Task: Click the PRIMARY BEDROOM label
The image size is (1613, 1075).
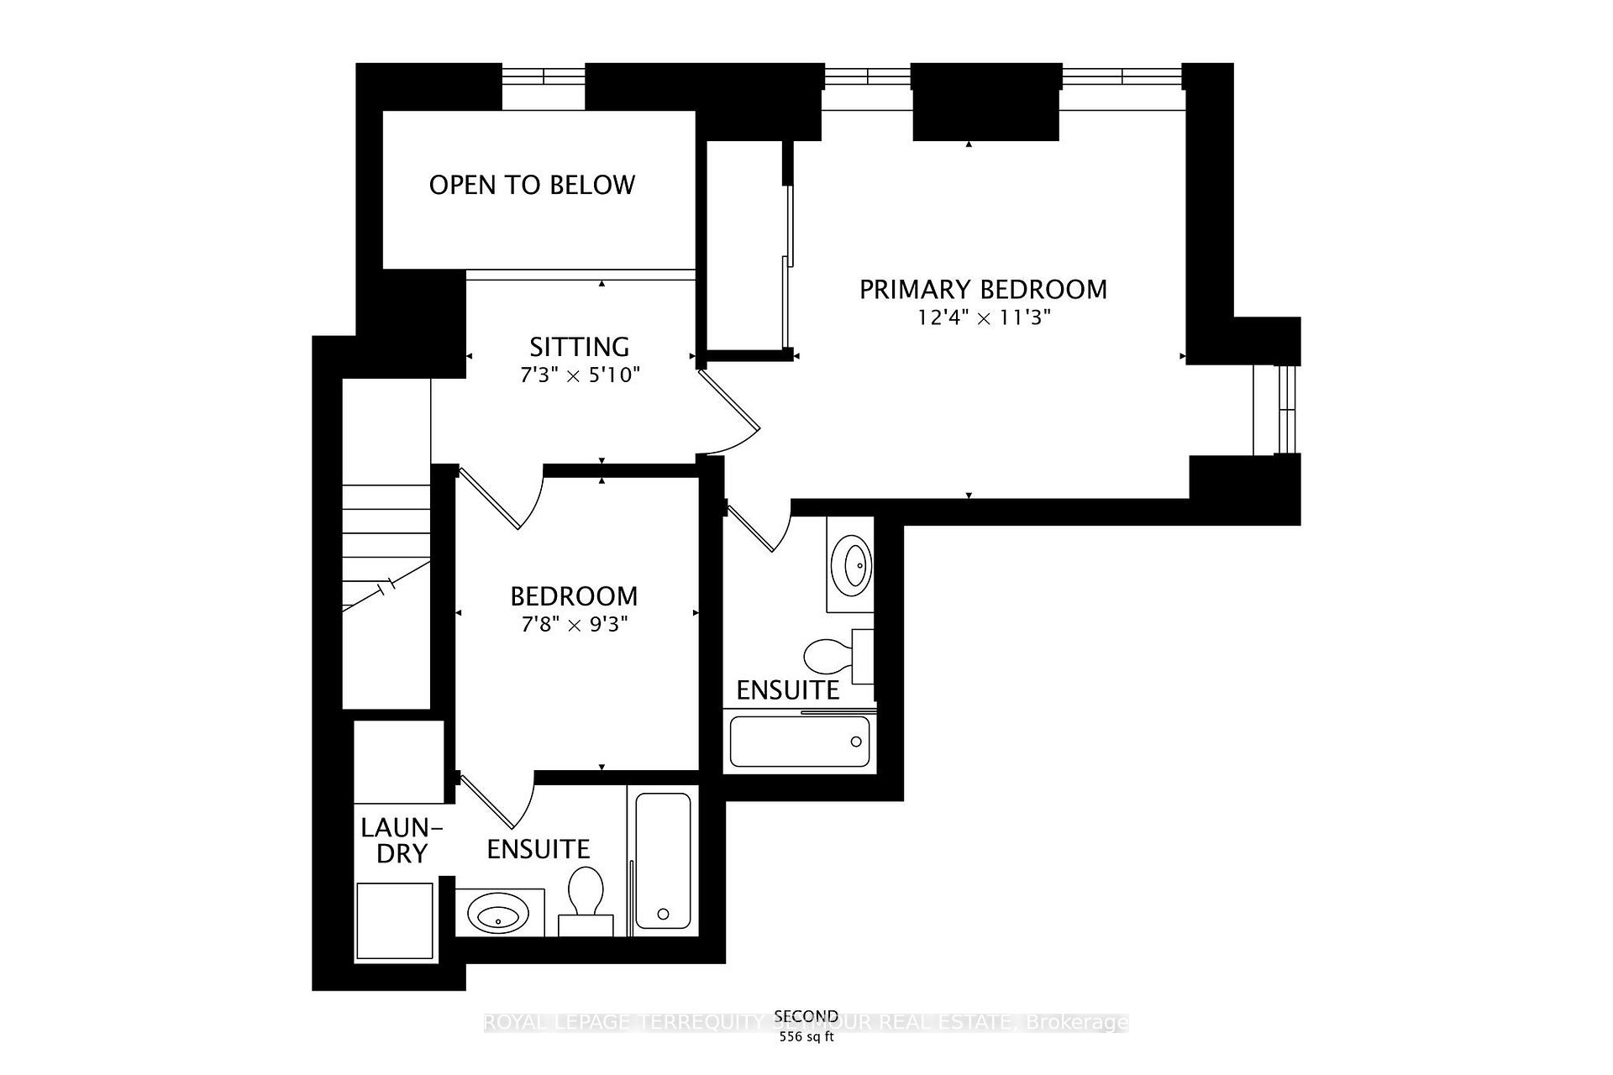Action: [x=983, y=289]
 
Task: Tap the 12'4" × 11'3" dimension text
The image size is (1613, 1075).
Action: [x=984, y=318]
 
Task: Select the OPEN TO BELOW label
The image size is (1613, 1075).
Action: [x=532, y=185]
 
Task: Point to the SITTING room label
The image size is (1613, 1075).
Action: [x=579, y=347]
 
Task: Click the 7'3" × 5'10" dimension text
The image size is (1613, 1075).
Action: [x=580, y=375]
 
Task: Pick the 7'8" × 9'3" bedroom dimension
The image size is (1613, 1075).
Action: [x=574, y=625]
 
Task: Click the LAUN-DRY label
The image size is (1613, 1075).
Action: [x=401, y=841]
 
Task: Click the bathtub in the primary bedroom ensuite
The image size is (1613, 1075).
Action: [x=799, y=742]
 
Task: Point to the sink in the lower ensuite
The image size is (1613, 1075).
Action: [x=497, y=913]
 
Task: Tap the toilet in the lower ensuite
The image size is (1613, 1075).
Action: [x=586, y=895]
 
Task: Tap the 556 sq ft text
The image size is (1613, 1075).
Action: [x=806, y=1036]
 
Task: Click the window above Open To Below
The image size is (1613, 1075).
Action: [x=543, y=76]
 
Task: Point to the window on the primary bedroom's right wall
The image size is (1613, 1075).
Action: [x=1285, y=410]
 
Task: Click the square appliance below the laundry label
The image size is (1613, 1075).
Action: [x=395, y=920]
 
